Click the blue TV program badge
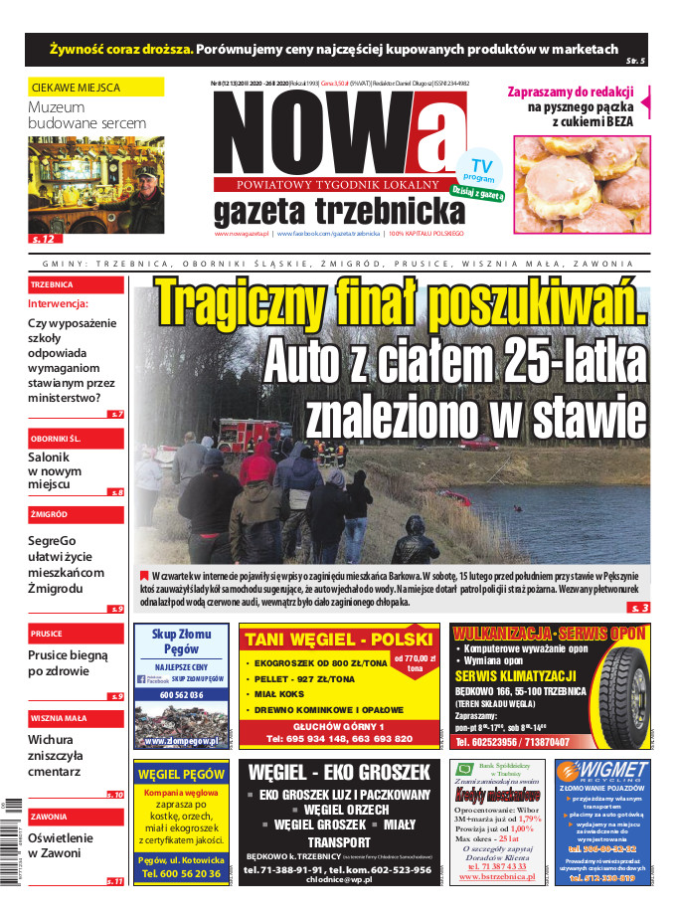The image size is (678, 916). coord(480,172)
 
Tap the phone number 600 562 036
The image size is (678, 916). coord(181,695)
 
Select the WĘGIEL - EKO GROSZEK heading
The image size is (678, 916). coord(339,772)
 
